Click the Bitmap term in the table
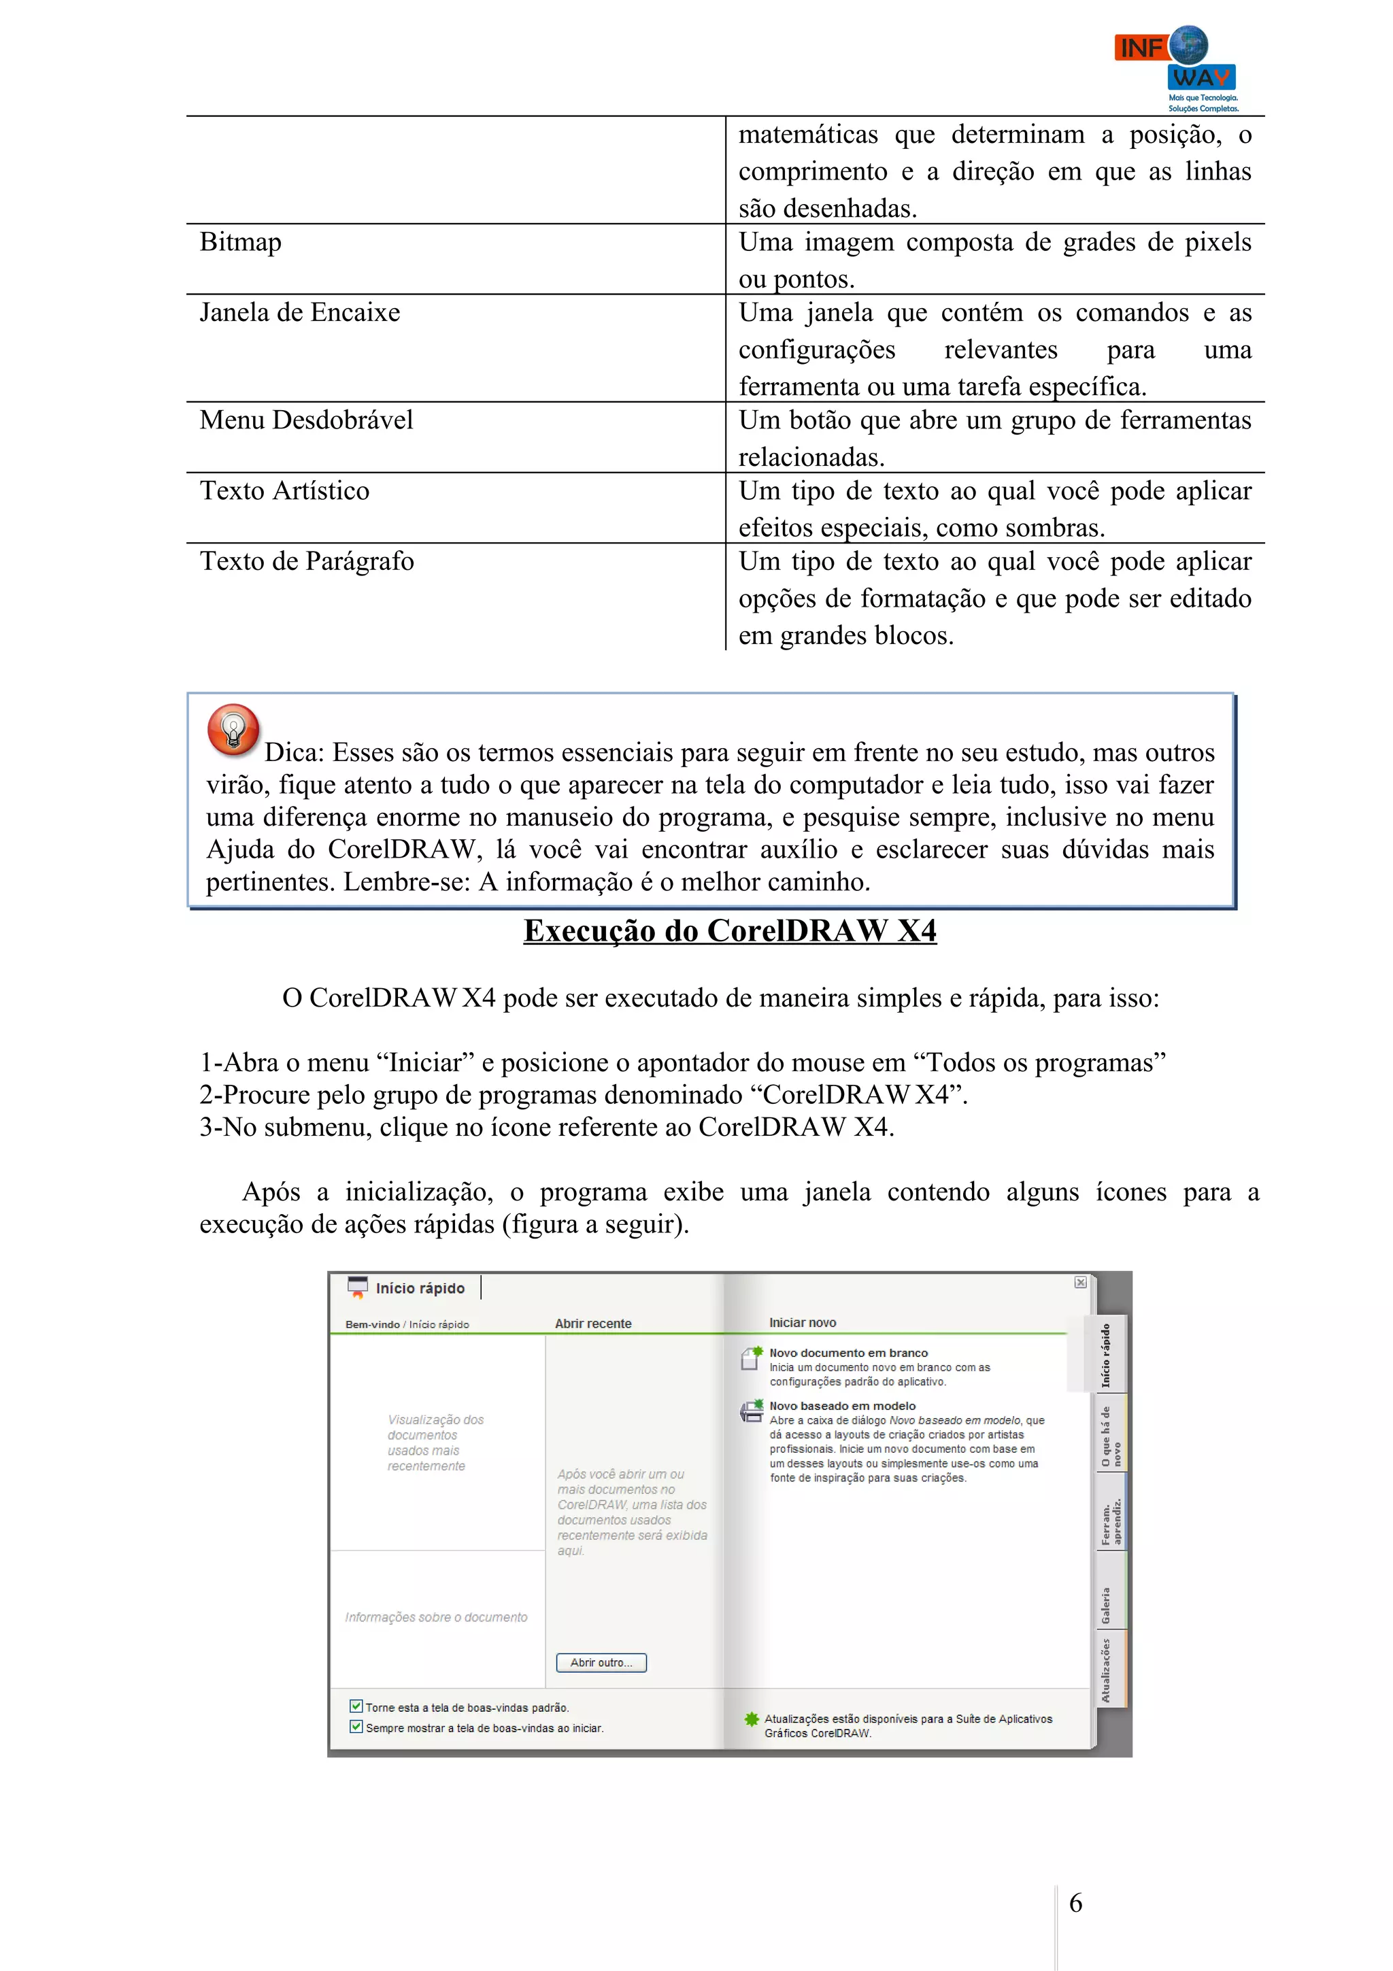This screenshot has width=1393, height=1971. (240, 243)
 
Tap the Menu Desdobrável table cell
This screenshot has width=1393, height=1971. (306, 420)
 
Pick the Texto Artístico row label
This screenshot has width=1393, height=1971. (284, 491)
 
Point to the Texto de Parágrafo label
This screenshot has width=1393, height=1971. (306, 561)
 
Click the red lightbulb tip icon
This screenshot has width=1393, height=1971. (233, 730)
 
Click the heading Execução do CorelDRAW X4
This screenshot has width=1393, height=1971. (730, 931)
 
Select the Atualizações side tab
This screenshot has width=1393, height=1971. (1107, 1670)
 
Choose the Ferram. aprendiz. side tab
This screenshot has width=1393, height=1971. (1111, 1522)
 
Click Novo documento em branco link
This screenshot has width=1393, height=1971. (848, 1353)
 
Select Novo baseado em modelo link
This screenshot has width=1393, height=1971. (842, 1406)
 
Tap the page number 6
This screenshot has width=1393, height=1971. (1075, 1903)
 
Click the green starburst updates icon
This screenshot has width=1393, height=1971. (751, 1719)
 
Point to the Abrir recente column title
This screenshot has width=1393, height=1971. (593, 1324)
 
